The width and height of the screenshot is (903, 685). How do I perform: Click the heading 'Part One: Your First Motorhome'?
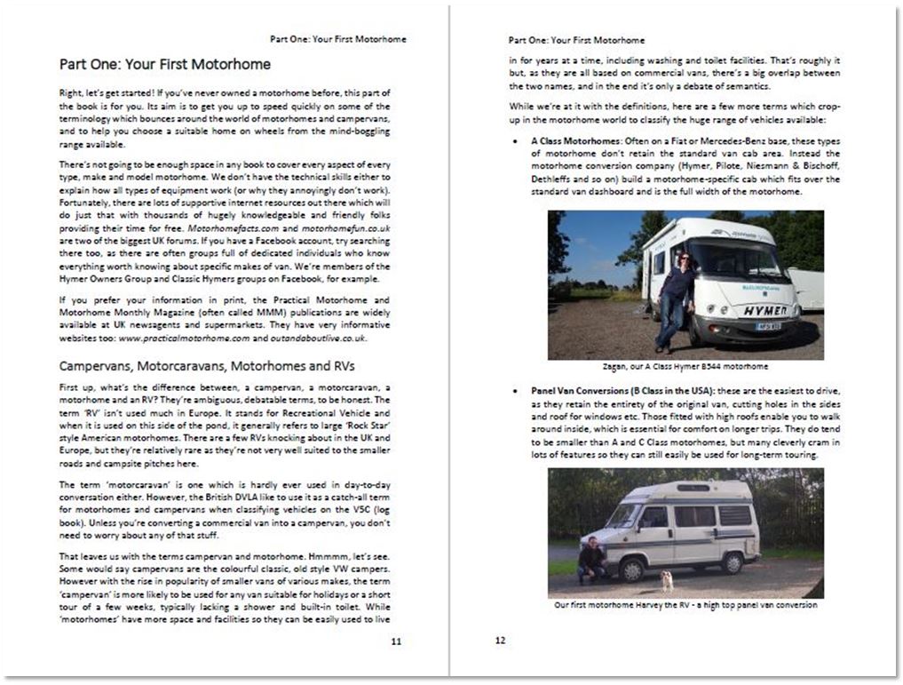(x=165, y=65)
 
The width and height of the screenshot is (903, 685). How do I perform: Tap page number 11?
(x=396, y=640)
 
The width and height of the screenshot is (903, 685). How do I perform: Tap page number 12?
(x=501, y=640)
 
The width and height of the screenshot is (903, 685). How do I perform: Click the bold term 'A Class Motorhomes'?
(x=573, y=142)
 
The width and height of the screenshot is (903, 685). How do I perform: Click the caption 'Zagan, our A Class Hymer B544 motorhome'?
(x=685, y=365)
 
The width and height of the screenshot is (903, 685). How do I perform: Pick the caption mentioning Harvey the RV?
(x=685, y=605)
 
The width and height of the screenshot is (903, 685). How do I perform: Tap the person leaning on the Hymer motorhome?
(x=676, y=298)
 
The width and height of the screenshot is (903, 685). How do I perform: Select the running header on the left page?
(x=337, y=39)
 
